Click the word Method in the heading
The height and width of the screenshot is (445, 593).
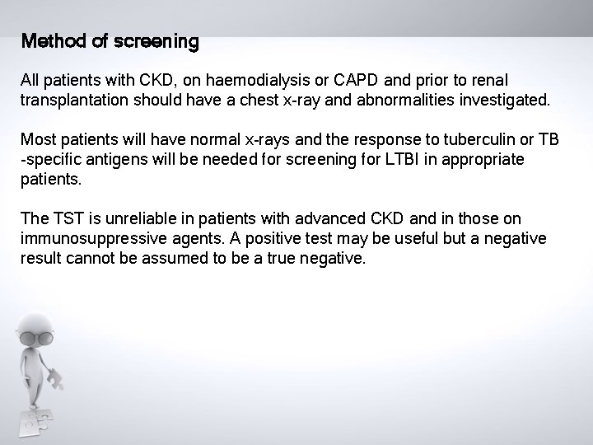49,41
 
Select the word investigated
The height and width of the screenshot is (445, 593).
499,100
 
